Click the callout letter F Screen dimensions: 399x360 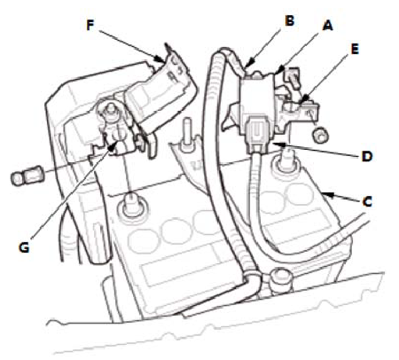(x=90, y=26)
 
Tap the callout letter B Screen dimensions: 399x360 (x=289, y=20)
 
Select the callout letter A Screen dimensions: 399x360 (x=327, y=26)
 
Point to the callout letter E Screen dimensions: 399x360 (x=355, y=49)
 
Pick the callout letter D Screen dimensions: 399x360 (x=367, y=156)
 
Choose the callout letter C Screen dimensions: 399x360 (x=367, y=202)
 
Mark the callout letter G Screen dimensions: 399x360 (x=24, y=247)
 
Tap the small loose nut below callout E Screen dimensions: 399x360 (x=320, y=136)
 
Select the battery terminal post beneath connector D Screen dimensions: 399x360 (x=286, y=161)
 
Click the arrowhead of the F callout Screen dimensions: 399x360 (x=160, y=59)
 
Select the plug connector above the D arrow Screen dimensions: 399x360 (x=256, y=135)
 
